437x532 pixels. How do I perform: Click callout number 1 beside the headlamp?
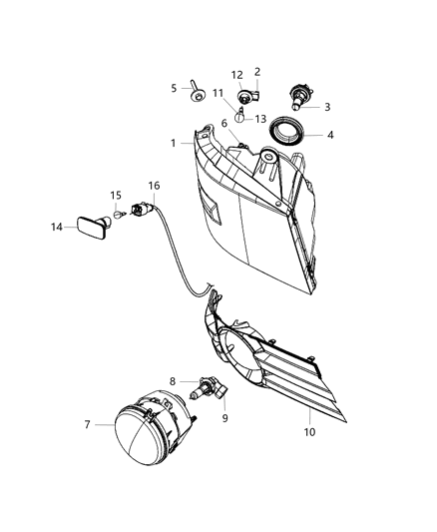[x=173, y=143]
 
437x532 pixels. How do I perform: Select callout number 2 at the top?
[x=257, y=72]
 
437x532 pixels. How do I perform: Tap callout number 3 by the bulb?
[x=326, y=107]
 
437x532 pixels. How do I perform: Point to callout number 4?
[x=331, y=135]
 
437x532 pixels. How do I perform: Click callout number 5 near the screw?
[x=174, y=88]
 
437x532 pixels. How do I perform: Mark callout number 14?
[x=56, y=228]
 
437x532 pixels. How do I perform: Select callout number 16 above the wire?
[x=154, y=186]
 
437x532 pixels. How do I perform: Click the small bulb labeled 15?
[x=119, y=214]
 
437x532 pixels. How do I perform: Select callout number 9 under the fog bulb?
[x=224, y=418]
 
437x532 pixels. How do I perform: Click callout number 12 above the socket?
[x=237, y=75]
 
